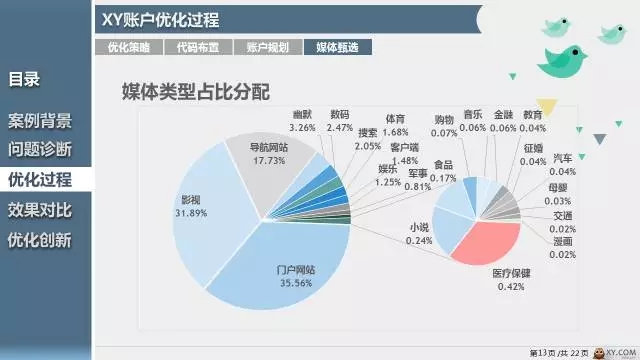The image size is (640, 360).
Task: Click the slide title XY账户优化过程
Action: coord(161,20)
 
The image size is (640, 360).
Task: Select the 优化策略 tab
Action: coord(128,47)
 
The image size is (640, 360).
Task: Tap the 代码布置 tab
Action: coord(198,47)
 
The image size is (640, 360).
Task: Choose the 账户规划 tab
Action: coord(267,47)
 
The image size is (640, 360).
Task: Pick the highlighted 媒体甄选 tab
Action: coord(337,47)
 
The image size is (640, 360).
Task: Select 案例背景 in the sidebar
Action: coord(40,121)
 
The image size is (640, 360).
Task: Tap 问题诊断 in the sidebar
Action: coord(40,150)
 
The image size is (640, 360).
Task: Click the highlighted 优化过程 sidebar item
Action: coord(40,180)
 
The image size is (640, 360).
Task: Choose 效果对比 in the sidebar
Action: coord(40,210)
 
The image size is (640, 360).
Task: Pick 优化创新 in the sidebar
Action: coord(40,240)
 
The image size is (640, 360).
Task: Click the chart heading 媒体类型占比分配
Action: coord(196,92)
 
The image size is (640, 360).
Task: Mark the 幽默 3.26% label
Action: coord(302,121)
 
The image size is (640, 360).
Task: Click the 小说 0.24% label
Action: coord(420,234)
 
